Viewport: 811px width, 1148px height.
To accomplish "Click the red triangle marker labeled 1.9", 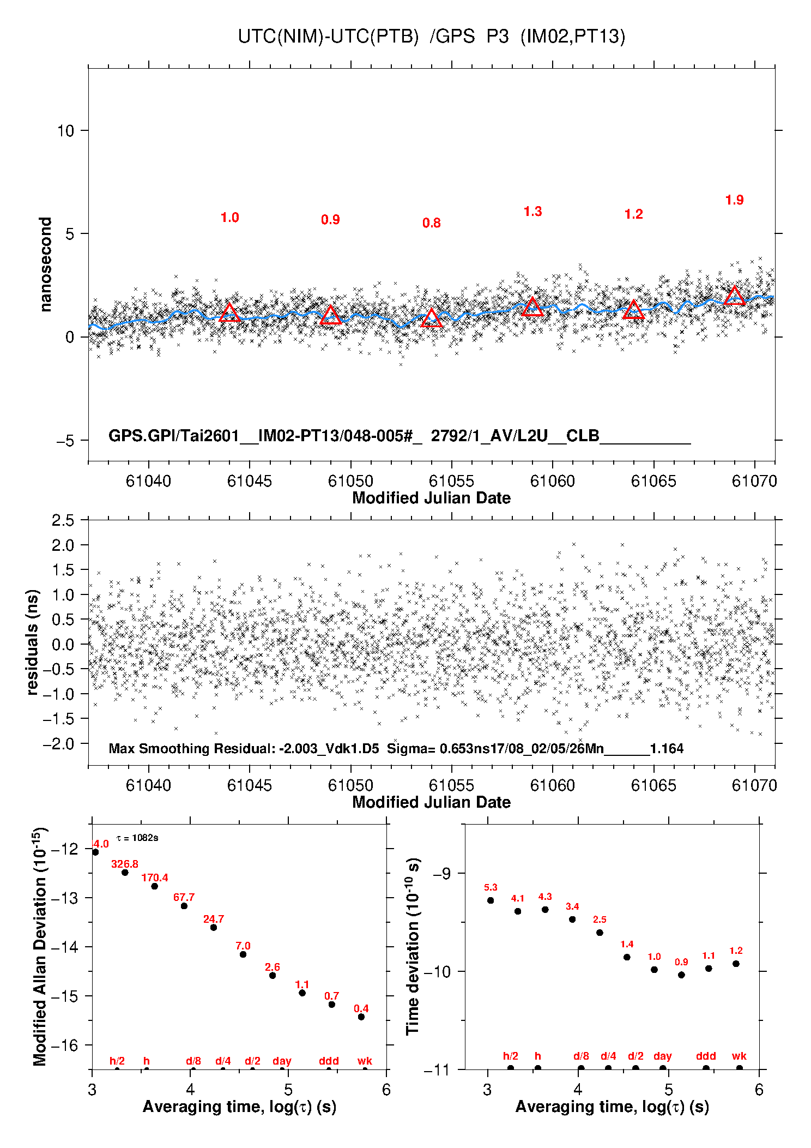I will pos(734,296).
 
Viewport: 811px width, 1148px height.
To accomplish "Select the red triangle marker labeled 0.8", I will pos(432,318).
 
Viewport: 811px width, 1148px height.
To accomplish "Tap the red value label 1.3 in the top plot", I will pos(532,212).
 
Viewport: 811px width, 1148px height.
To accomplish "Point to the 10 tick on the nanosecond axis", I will pos(65,131).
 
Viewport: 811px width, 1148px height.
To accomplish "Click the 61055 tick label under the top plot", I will pos(451,481).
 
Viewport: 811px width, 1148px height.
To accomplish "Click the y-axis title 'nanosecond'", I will pos(45,265).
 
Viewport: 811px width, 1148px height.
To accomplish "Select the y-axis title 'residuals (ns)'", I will pos(33,642).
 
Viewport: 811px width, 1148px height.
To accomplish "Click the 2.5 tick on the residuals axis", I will pos(63,520).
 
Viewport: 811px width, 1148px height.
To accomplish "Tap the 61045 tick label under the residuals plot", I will pos(249,785).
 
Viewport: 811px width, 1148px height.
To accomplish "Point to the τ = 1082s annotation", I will pos(137,838).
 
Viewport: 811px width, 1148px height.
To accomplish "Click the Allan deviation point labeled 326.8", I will pos(125,873).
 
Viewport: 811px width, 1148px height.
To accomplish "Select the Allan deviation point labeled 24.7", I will pos(214,928).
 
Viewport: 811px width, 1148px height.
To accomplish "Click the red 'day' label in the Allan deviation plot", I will pos(282,1061).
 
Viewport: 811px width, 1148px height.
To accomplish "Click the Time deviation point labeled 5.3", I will pos(491,900).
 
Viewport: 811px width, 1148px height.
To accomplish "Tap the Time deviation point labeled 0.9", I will pos(681,975).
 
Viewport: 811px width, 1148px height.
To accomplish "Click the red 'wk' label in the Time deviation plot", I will pos(739,1056).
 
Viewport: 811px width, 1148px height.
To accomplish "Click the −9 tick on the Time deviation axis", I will pos(441,874).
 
